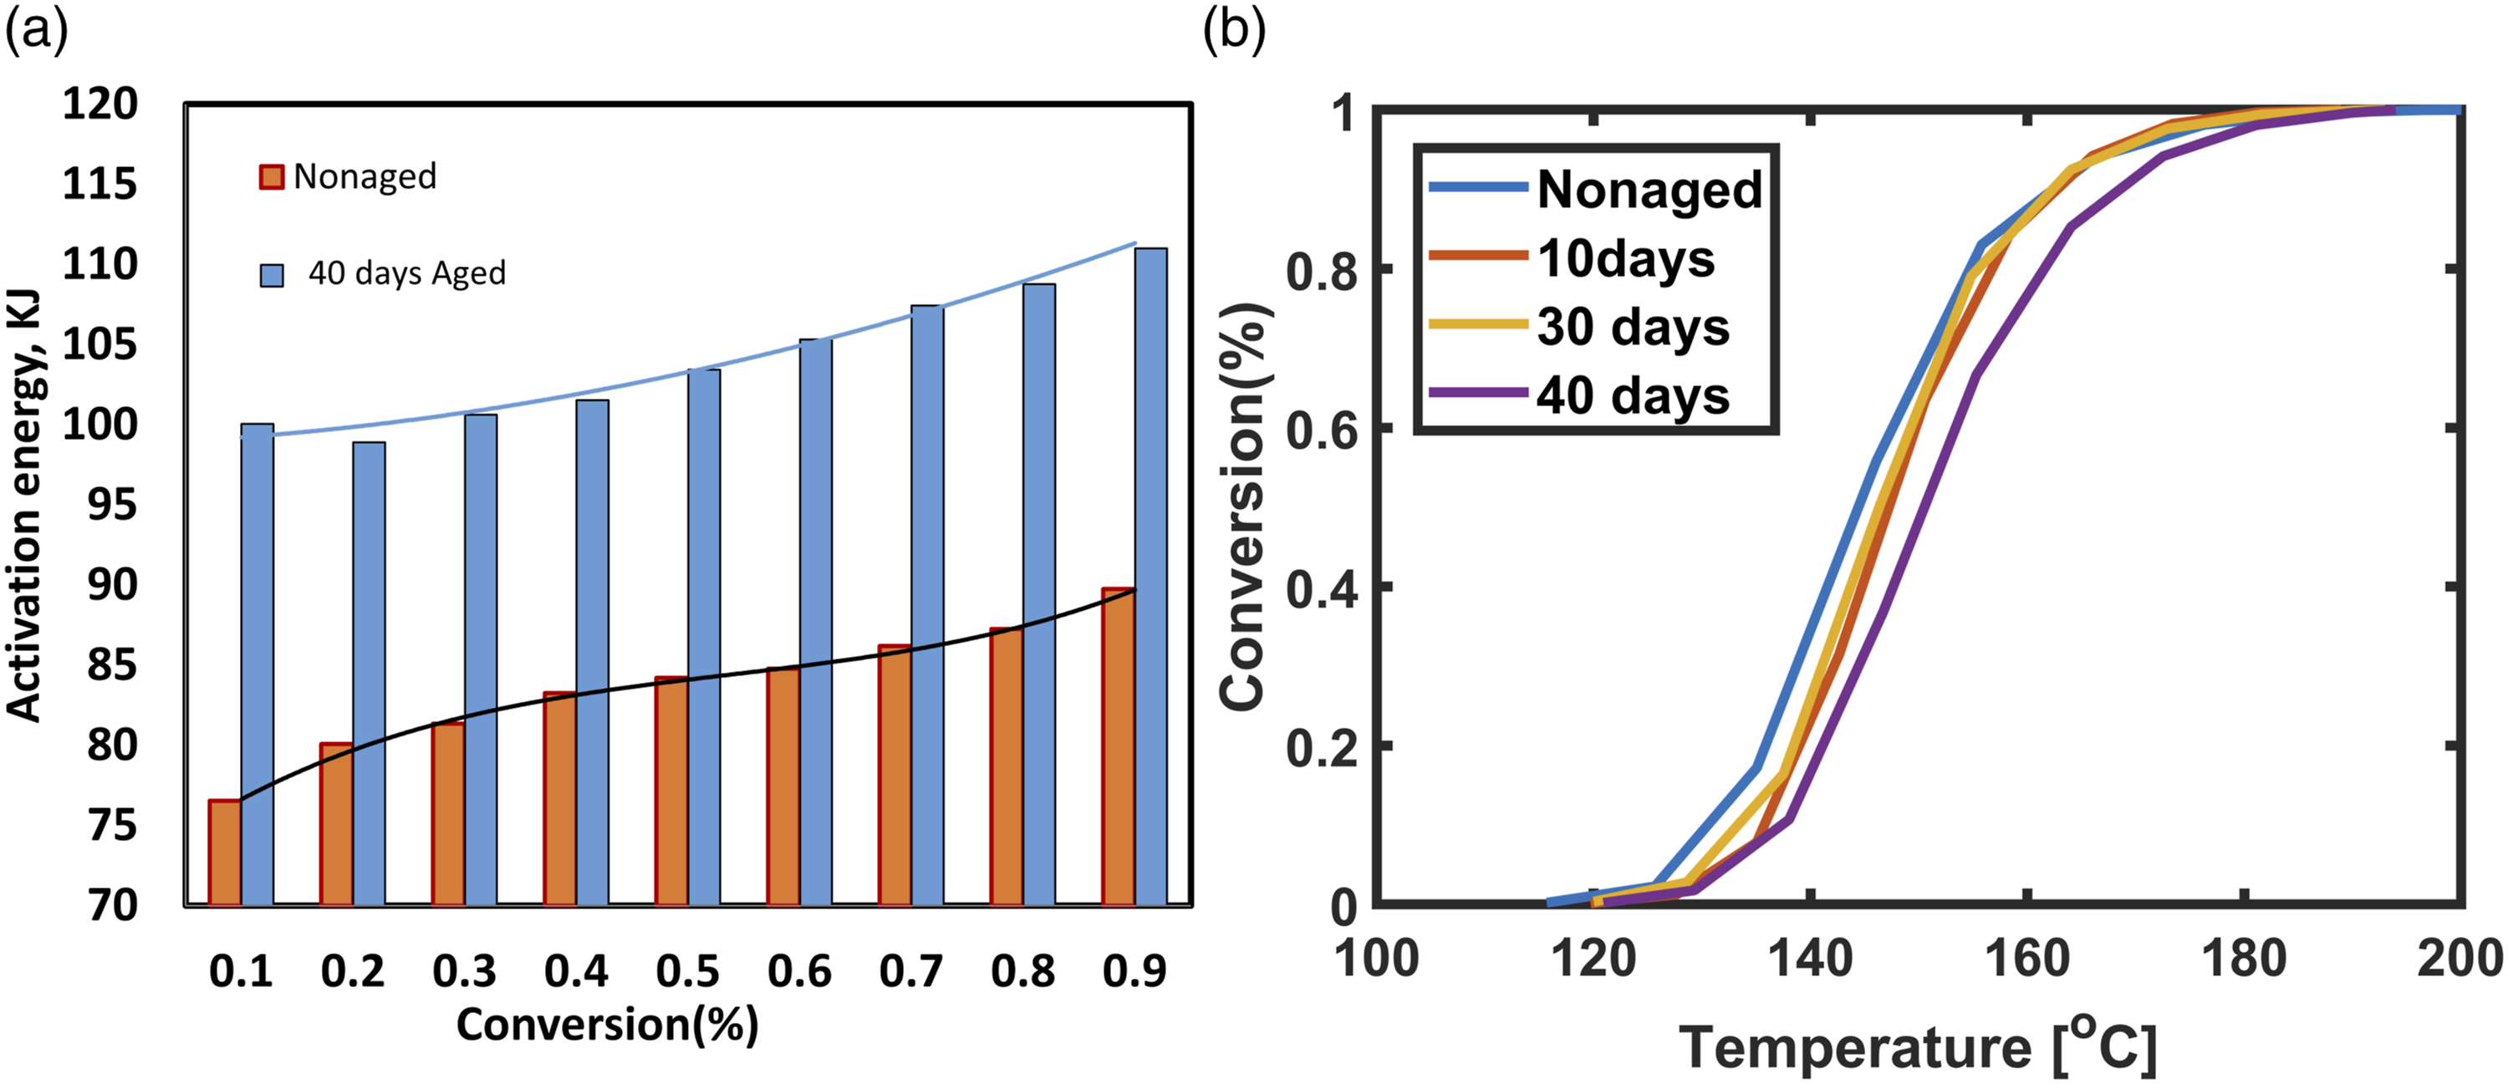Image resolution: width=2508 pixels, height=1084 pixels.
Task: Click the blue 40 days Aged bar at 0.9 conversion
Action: click(1151, 577)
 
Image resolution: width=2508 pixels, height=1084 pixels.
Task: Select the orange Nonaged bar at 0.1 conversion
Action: click(225, 852)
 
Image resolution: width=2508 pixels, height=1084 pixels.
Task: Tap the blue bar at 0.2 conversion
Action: click(369, 674)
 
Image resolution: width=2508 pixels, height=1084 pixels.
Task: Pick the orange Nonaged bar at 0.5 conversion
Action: click(672, 791)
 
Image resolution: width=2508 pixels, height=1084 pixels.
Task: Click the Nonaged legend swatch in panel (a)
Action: click(272, 177)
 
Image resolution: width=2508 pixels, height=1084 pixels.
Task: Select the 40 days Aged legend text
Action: click(407, 273)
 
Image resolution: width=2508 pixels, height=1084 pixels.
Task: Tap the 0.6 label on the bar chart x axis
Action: click(799, 971)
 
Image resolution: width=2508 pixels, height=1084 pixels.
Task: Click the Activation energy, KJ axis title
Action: click(24, 505)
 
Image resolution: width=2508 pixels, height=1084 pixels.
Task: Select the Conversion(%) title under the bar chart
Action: click(608, 1025)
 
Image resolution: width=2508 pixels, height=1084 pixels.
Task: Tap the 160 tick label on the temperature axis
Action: click(2027, 959)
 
